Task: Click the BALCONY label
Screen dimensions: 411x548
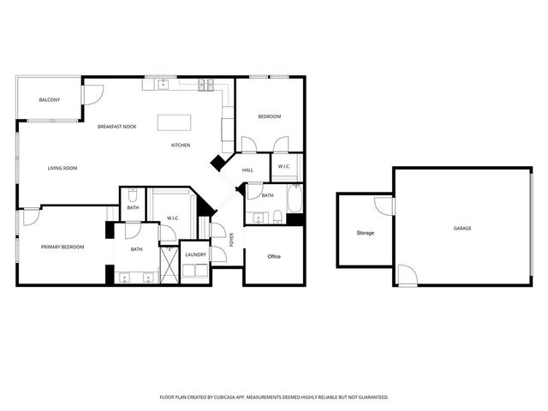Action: tap(50, 100)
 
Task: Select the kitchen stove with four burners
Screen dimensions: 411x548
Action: tap(205, 84)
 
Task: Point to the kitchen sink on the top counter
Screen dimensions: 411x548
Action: tap(161, 84)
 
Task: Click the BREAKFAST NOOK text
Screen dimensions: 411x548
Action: tap(116, 127)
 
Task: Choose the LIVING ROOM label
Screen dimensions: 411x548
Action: tap(63, 168)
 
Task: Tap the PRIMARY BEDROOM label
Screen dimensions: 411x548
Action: tap(63, 247)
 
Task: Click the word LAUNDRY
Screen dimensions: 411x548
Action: tap(195, 254)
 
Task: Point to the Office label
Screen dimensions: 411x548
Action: tap(274, 256)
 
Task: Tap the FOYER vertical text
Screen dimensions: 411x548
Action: tap(231, 241)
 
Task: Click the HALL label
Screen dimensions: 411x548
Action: tap(247, 170)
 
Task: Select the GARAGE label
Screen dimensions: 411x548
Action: tap(462, 228)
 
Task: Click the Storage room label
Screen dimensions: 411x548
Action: tap(366, 233)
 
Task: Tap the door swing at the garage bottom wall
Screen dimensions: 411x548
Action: tap(408, 276)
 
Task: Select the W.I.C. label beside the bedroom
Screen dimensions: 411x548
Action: tap(284, 166)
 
